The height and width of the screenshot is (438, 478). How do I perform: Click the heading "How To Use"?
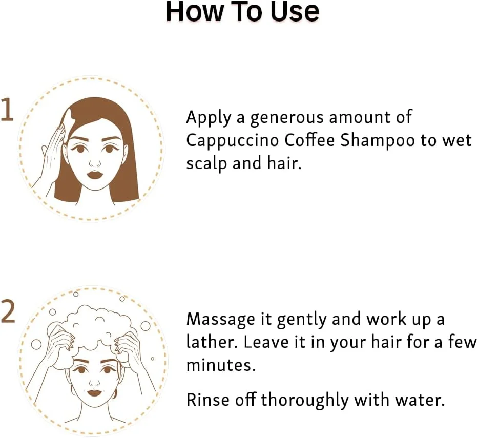click(x=242, y=12)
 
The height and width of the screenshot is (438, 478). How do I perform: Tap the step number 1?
click(x=7, y=110)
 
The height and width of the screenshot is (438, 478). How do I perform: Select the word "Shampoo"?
click(x=377, y=141)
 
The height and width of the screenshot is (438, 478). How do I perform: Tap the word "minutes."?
click(x=221, y=365)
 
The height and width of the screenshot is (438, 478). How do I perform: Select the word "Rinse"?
click(x=207, y=400)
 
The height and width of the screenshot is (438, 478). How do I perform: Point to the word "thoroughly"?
click(x=305, y=401)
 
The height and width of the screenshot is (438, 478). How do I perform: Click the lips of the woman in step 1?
click(x=95, y=175)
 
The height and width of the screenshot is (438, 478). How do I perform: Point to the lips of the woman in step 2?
click(x=94, y=392)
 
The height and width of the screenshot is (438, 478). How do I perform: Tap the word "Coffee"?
click(x=309, y=140)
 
